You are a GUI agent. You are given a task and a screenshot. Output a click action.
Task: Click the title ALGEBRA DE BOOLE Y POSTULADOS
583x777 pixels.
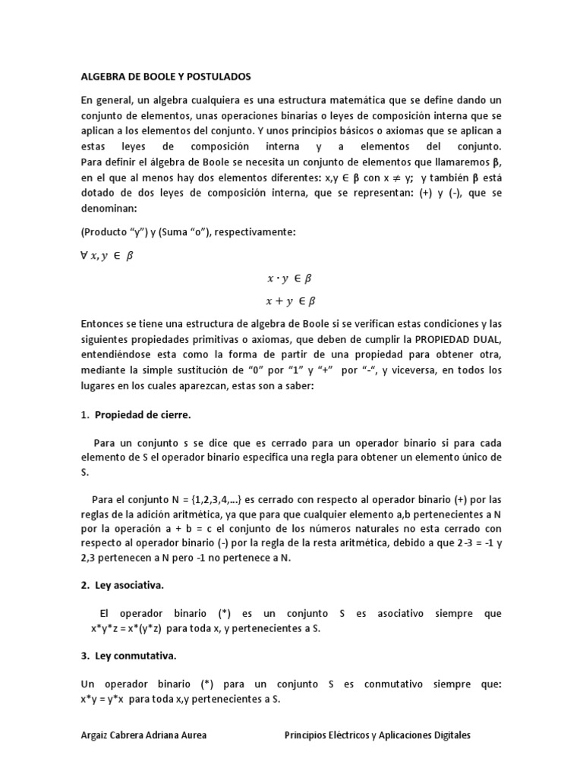pos(165,77)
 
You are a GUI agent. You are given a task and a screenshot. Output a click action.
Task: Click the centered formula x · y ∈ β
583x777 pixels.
pos(289,278)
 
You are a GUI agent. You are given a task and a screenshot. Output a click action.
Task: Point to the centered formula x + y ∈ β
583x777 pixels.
pos(291,300)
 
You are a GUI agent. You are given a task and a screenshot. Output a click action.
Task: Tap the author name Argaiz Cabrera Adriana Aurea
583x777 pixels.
pos(143,735)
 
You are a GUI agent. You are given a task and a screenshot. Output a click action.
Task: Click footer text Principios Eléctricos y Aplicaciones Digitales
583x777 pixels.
pos(377,735)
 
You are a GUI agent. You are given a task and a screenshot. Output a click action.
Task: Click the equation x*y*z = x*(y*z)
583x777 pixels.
pos(135,628)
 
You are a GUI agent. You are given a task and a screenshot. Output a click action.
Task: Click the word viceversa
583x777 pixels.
pos(416,372)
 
